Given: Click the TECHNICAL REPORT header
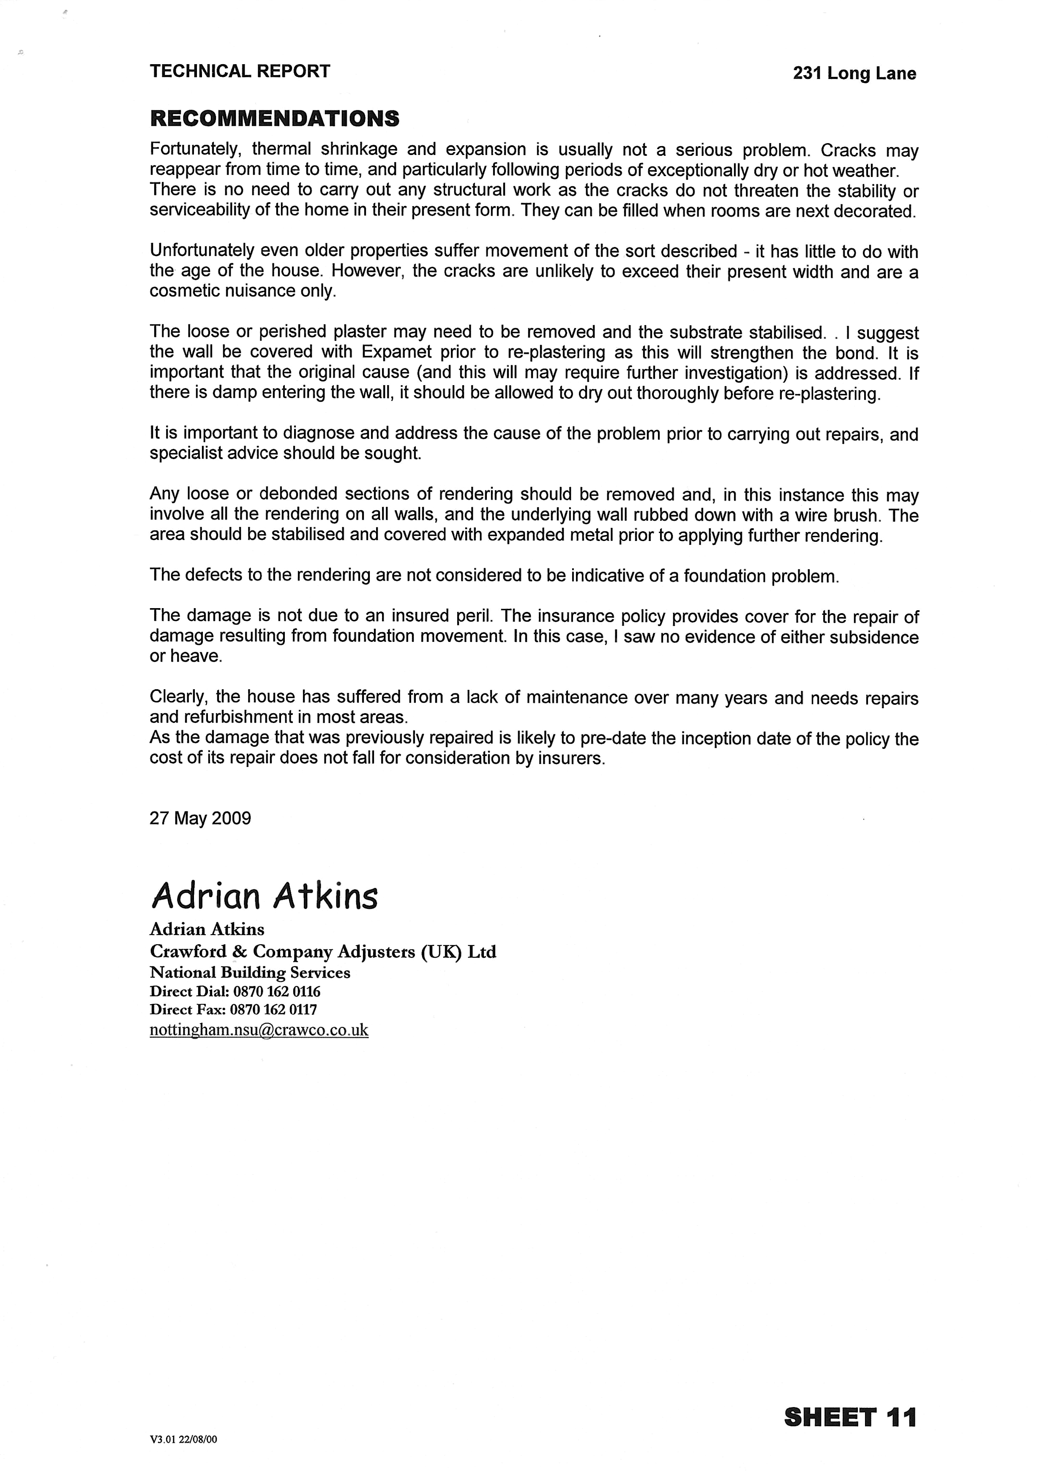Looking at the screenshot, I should pos(240,72).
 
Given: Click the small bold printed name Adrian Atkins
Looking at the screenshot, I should pos(207,929).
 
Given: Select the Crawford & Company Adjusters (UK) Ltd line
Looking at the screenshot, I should pos(323,952).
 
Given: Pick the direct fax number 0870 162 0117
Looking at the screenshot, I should pos(273,1010).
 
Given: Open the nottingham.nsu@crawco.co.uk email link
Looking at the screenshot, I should pos(259,1030).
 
